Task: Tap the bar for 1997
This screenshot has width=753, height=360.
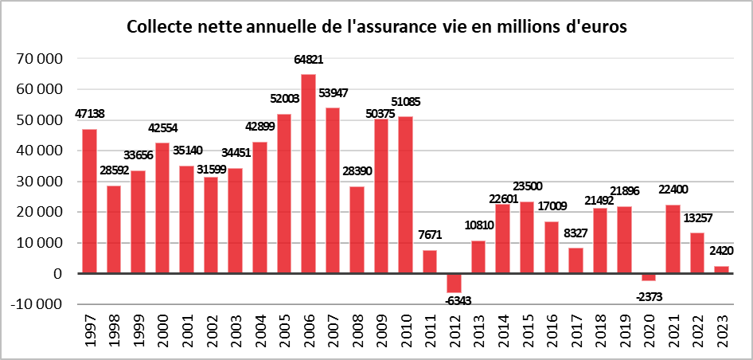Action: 89,201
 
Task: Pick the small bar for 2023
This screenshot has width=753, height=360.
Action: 721,269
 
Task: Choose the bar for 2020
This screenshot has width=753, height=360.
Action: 648,277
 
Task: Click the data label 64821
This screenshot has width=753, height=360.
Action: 308,60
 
